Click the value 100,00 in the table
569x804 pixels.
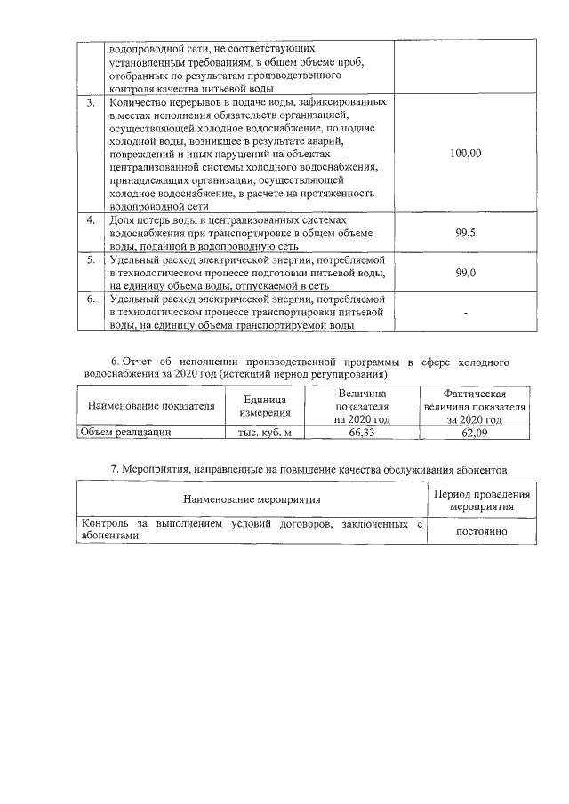click(465, 154)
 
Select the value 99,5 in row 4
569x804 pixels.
click(465, 232)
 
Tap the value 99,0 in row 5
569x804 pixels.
click(465, 274)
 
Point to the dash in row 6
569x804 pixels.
click(465, 314)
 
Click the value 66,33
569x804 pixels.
click(362, 432)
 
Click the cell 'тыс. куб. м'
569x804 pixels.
click(265, 432)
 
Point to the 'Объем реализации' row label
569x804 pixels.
click(125, 432)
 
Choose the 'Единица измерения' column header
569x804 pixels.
click(266, 406)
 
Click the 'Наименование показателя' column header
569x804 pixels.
click(151, 406)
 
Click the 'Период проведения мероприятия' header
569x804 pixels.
click(481, 500)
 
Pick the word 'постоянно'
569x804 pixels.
click(481, 531)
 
